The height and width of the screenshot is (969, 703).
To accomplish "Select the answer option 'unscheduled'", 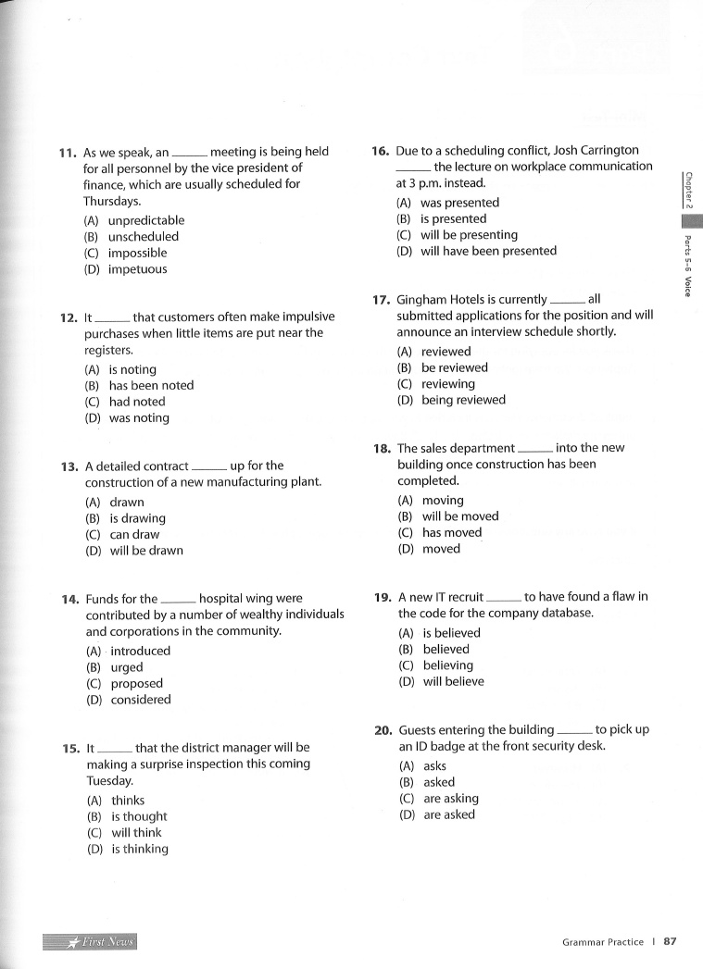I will pyautogui.click(x=143, y=237).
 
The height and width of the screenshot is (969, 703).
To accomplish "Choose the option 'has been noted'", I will pyautogui.click(x=151, y=386).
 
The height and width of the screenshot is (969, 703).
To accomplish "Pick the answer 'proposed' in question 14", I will pyautogui.click(x=136, y=684).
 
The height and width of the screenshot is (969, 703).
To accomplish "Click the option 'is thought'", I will pyautogui.click(x=139, y=817).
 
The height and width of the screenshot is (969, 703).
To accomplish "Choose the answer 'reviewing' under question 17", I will pyautogui.click(x=447, y=384).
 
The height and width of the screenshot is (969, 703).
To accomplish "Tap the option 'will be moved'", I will pyautogui.click(x=460, y=516).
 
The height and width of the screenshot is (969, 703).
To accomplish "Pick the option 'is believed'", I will pyautogui.click(x=451, y=633).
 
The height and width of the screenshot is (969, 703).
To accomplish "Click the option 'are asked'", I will pyautogui.click(x=448, y=815).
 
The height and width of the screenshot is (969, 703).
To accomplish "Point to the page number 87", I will pyautogui.click(x=670, y=942).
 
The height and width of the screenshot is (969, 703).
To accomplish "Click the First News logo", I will pyautogui.click(x=90, y=942).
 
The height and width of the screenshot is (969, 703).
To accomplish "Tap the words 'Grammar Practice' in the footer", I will pyautogui.click(x=602, y=942).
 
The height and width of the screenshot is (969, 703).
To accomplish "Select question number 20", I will pyautogui.click(x=383, y=730).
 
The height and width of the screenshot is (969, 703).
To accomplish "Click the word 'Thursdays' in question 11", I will pyautogui.click(x=111, y=201).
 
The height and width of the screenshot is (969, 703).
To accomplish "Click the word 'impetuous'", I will pyautogui.click(x=137, y=269).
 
